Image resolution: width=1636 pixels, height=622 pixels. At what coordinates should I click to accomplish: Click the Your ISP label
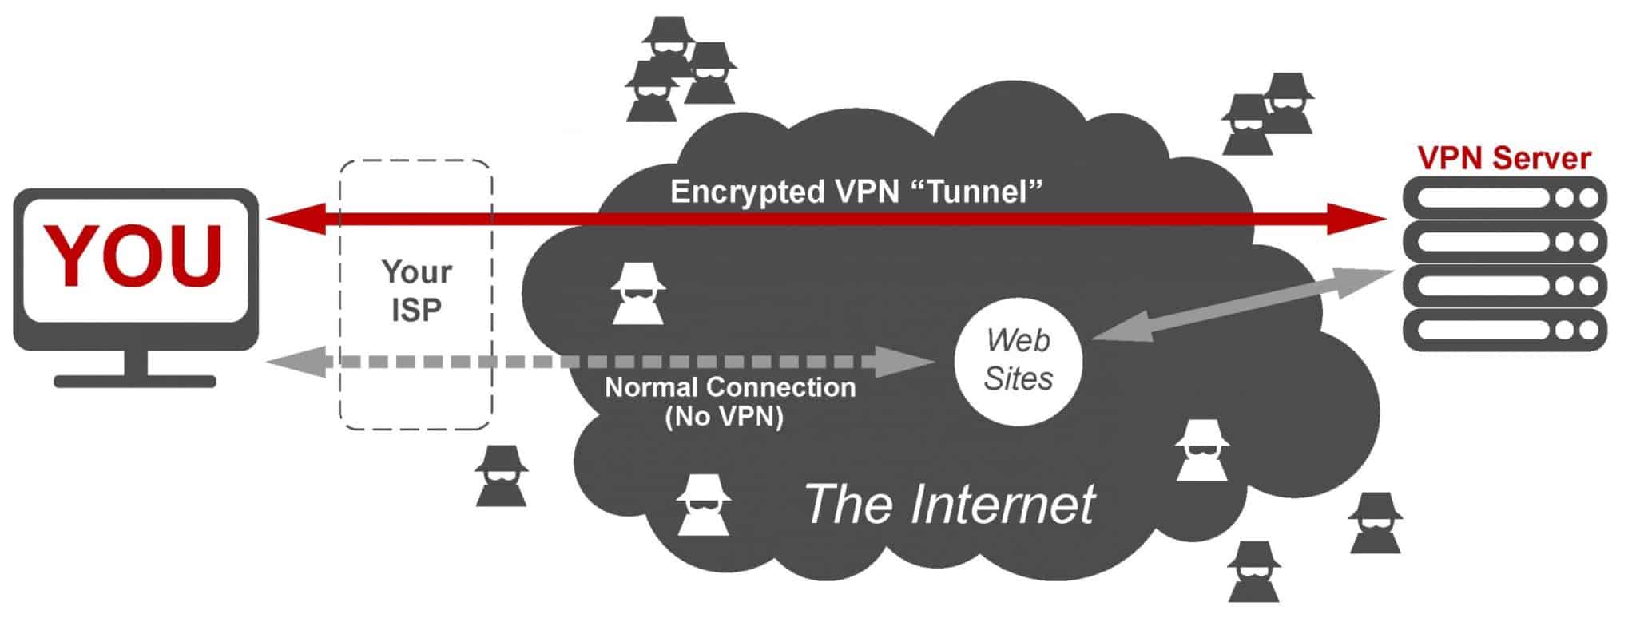(416, 291)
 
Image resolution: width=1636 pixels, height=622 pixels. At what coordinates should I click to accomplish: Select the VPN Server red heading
(1504, 158)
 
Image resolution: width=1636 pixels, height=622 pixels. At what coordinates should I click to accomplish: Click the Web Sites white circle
(1018, 360)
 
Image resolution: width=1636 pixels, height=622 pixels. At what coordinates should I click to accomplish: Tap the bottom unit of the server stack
(1505, 330)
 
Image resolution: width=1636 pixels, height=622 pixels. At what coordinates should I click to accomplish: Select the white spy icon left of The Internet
(703, 505)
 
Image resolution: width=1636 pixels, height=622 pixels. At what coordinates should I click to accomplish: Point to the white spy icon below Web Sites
(1201, 450)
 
